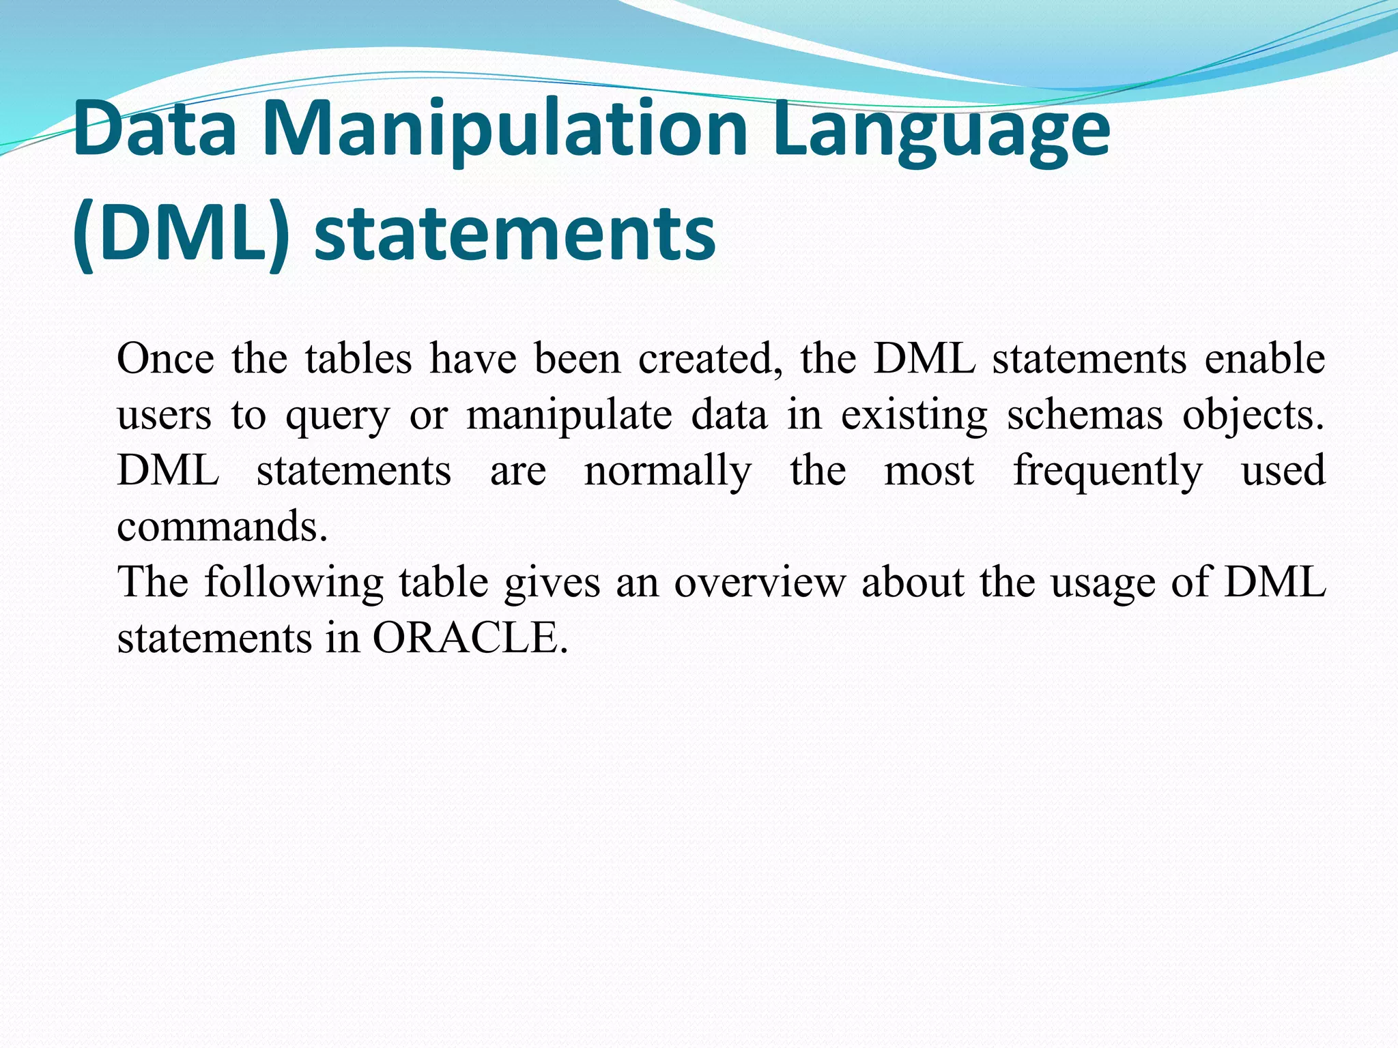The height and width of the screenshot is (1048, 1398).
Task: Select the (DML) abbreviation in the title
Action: (181, 233)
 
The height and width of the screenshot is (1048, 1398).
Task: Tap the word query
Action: (337, 416)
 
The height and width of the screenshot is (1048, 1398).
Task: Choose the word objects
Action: (1253, 416)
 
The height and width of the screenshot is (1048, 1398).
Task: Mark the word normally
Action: (668, 472)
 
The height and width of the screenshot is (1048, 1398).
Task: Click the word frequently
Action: (1108, 472)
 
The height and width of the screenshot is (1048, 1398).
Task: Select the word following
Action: (294, 583)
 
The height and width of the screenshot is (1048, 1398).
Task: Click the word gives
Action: (552, 583)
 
